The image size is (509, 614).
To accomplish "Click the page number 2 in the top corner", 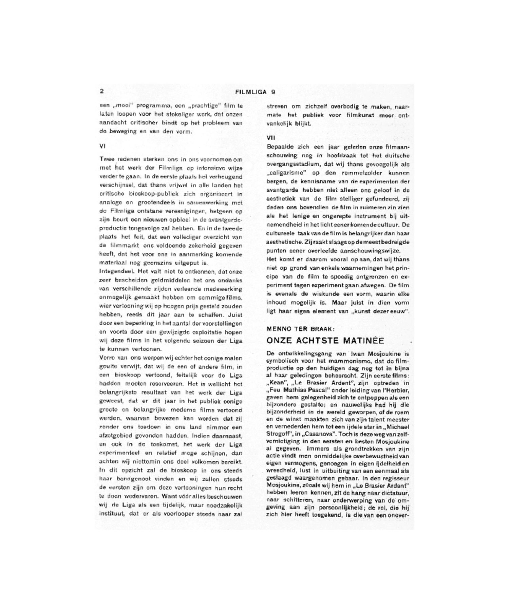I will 101,91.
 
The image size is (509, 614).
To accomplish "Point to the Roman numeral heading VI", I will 102,146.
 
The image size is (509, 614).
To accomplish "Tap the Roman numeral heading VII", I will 271,138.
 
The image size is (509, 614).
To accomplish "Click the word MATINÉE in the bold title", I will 363,340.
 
